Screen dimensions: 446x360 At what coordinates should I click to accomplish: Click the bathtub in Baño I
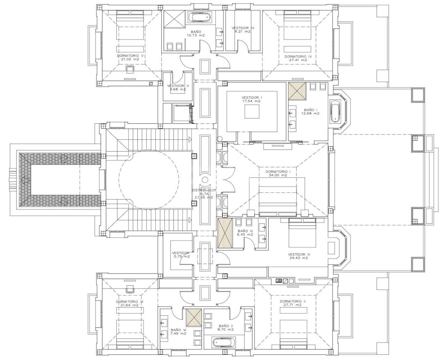tap(335, 111)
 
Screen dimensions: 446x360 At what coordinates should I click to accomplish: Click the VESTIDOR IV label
tap(243, 28)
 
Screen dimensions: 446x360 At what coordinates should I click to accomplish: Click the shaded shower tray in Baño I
tap(297, 91)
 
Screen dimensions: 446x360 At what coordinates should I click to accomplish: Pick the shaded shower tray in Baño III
tap(225, 233)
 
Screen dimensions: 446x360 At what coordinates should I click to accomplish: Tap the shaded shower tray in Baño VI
tap(194, 317)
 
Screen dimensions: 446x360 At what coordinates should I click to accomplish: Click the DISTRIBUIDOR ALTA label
tap(204, 192)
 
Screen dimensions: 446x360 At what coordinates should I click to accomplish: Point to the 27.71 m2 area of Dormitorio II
tap(293, 305)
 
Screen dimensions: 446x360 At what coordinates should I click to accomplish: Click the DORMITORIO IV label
tap(298, 57)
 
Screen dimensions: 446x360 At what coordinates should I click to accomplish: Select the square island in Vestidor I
tap(252, 111)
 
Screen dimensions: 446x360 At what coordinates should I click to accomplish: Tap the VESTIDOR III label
tap(299, 254)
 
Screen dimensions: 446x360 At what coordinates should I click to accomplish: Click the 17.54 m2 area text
tap(251, 101)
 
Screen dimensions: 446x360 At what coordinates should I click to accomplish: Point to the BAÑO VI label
tap(178, 330)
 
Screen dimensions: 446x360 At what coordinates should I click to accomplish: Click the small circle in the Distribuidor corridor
tap(205, 180)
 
